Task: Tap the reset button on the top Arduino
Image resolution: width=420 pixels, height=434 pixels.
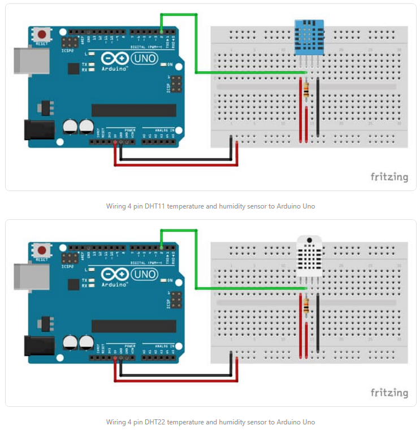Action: pyautogui.click(x=41, y=33)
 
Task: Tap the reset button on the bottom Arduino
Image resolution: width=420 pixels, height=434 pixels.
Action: pyautogui.click(x=41, y=250)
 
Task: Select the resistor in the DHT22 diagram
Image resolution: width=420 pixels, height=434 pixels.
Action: pyautogui.click(x=306, y=306)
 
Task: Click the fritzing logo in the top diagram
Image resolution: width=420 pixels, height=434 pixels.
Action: pyautogui.click(x=389, y=177)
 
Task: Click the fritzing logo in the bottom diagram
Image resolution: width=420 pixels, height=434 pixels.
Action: pyautogui.click(x=389, y=393)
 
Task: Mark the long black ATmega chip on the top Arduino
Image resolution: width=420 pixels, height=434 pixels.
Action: pyautogui.click(x=129, y=110)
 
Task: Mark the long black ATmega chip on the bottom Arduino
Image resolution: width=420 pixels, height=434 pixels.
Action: pyautogui.click(x=129, y=326)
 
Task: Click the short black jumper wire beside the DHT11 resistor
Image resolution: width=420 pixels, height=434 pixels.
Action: pyautogui.click(x=318, y=107)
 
